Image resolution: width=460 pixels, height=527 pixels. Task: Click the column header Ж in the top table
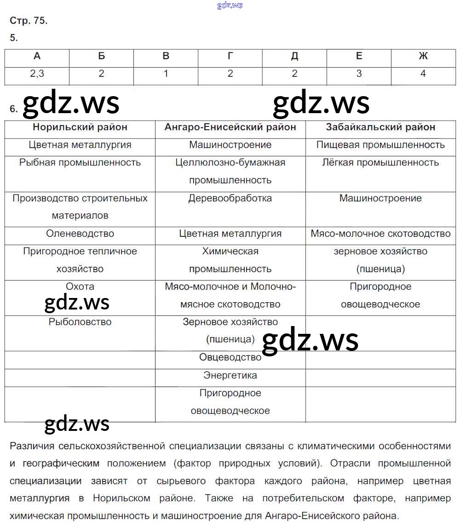423,56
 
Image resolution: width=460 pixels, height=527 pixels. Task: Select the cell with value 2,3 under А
37,74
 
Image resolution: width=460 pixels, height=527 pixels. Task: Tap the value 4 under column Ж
423,74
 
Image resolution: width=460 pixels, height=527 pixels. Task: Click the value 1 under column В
166,74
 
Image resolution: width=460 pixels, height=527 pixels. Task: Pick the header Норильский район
80,127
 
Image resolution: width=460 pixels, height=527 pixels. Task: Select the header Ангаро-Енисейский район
230,127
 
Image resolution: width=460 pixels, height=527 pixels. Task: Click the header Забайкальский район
380,127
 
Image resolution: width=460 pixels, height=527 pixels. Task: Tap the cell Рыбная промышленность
80,162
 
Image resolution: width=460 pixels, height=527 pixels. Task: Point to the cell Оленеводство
80,234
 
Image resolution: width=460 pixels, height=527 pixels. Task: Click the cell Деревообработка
230,198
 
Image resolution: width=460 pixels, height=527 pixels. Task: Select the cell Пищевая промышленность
380,145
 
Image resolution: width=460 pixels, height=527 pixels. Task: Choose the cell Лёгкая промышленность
380,162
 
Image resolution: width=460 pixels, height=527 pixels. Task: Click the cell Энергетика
230,375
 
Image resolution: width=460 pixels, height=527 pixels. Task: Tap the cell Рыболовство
80,322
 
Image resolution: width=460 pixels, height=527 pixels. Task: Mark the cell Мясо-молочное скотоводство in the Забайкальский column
380,234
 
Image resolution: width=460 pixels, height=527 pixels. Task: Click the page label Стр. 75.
29,21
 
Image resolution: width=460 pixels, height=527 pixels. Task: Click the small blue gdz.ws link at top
230,5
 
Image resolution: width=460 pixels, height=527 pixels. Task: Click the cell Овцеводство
230,357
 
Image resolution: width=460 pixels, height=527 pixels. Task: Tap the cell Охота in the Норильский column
80,286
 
